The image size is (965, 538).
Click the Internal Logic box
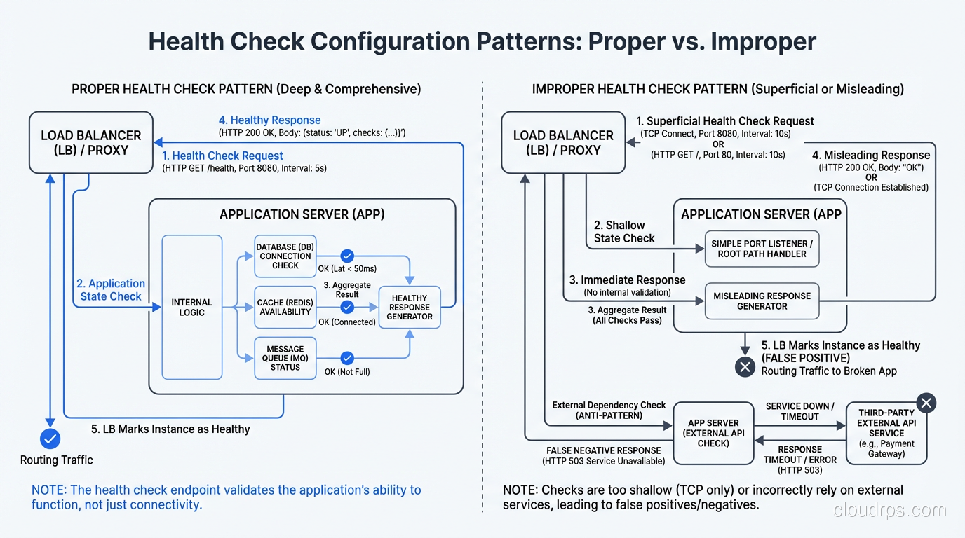[191, 308]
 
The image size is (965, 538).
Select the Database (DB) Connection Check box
[285, 256]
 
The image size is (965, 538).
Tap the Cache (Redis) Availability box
[285, 307]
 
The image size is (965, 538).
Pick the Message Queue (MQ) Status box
[285, 358]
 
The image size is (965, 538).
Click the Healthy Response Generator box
[410, 307]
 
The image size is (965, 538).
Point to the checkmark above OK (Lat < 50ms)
[347, 256]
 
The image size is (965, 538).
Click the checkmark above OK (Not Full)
[347, 358]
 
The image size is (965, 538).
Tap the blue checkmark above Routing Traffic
[50, 439]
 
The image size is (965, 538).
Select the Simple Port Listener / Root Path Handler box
[762, 249]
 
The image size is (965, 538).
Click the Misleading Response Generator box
[762, 301]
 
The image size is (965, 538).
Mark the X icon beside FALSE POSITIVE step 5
[745, 366]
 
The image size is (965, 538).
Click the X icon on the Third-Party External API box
[926, 403]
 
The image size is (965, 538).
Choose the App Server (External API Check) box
[713, 433]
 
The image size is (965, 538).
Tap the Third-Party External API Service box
[886, 433]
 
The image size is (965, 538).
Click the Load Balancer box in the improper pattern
[562, 142]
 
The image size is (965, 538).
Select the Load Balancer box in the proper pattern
[90, 142]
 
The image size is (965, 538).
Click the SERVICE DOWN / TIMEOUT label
[799, 411]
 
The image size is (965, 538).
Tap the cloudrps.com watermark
[890, 510]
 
